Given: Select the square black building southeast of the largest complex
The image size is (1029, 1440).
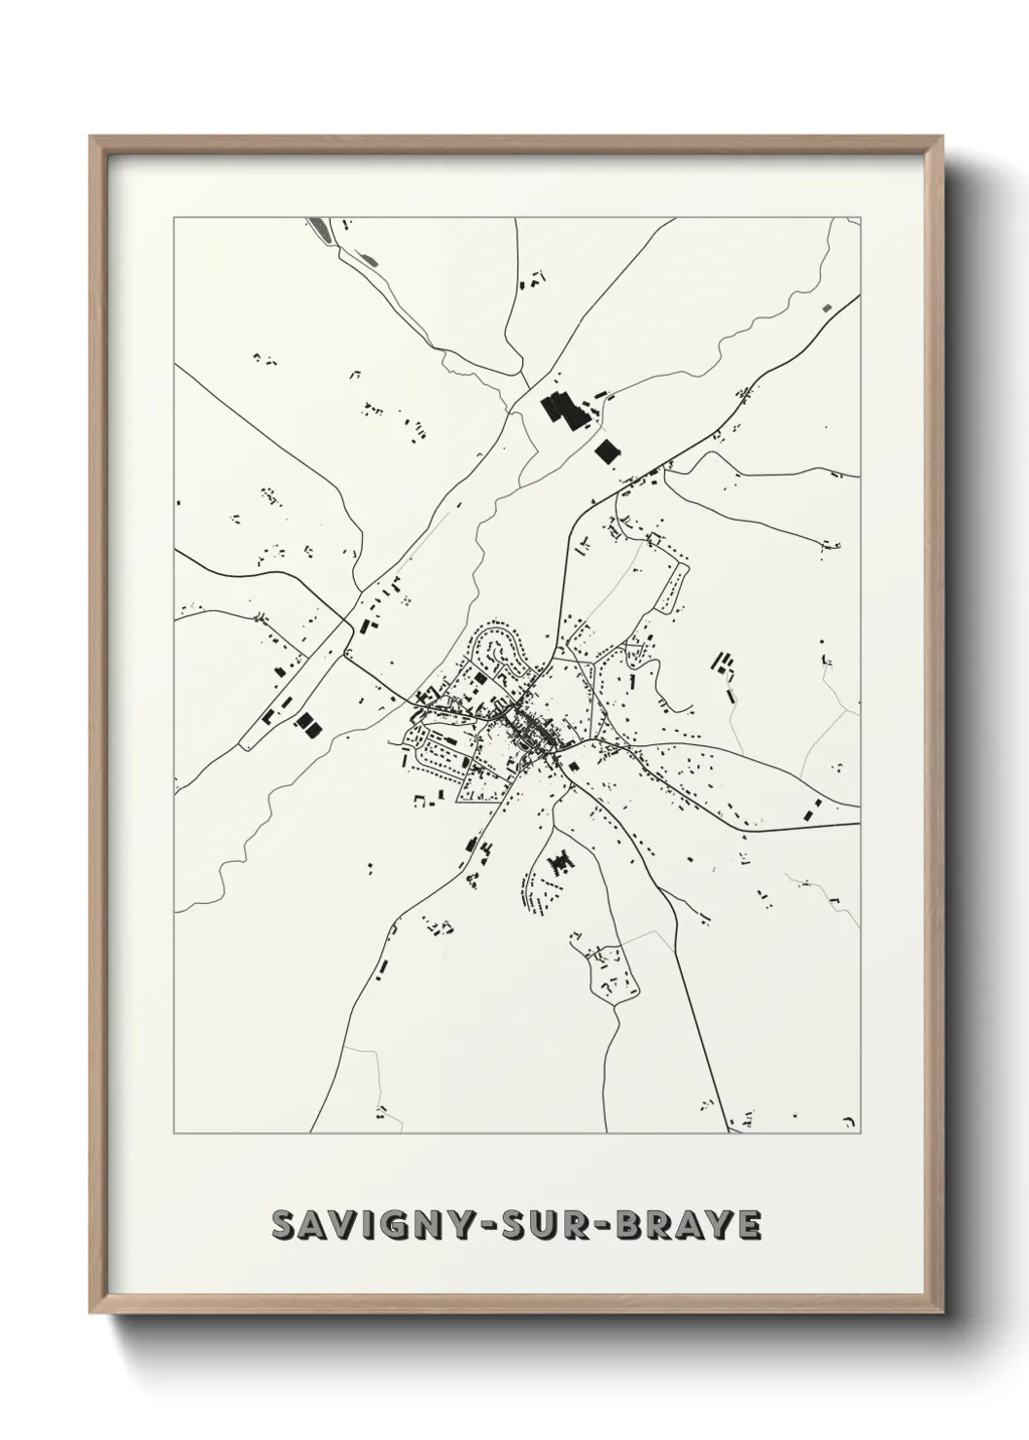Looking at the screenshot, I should point(608,451).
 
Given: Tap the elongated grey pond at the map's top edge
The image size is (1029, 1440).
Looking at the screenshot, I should point(318,229).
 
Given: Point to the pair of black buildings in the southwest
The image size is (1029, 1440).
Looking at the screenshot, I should point(307,723).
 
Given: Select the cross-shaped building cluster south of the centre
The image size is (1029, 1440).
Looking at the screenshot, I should point(560,862).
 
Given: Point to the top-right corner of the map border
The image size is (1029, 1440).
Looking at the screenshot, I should point(860,218).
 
